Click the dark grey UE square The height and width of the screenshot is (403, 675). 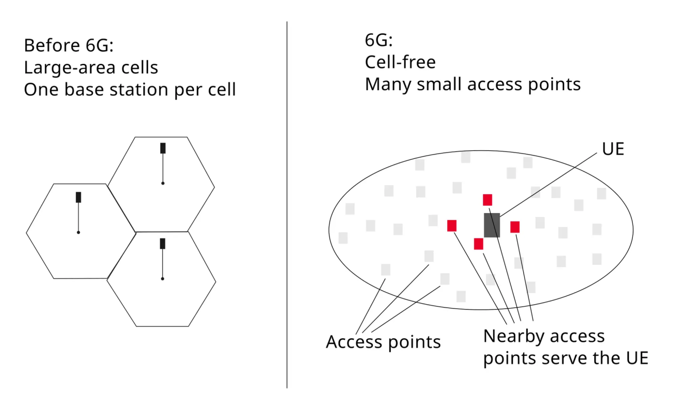[x=492, y=225]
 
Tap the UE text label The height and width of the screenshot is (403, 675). [x=613, y=149]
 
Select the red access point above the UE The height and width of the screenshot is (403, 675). [x=487, y=200]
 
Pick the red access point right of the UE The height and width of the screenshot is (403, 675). [x=515, y=227]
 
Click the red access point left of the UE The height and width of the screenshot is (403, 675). [x=452, y=225]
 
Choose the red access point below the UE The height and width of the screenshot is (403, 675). [x=478, y=244]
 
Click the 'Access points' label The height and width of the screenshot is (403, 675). [x=383, y=342]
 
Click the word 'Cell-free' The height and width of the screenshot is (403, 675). [x=400, y=62]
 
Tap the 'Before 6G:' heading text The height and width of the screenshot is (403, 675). [x=69, y=45]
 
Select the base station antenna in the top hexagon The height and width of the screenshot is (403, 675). [x=163, y=148]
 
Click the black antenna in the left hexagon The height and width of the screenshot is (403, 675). [x=79, y=197]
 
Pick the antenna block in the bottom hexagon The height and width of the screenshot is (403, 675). [x=162, y=244]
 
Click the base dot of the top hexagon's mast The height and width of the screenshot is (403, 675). [x=163, y=183]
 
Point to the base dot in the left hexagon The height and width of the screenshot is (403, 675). [x=79, y=233]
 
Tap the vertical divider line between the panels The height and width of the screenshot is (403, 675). [x=287, y=205]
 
